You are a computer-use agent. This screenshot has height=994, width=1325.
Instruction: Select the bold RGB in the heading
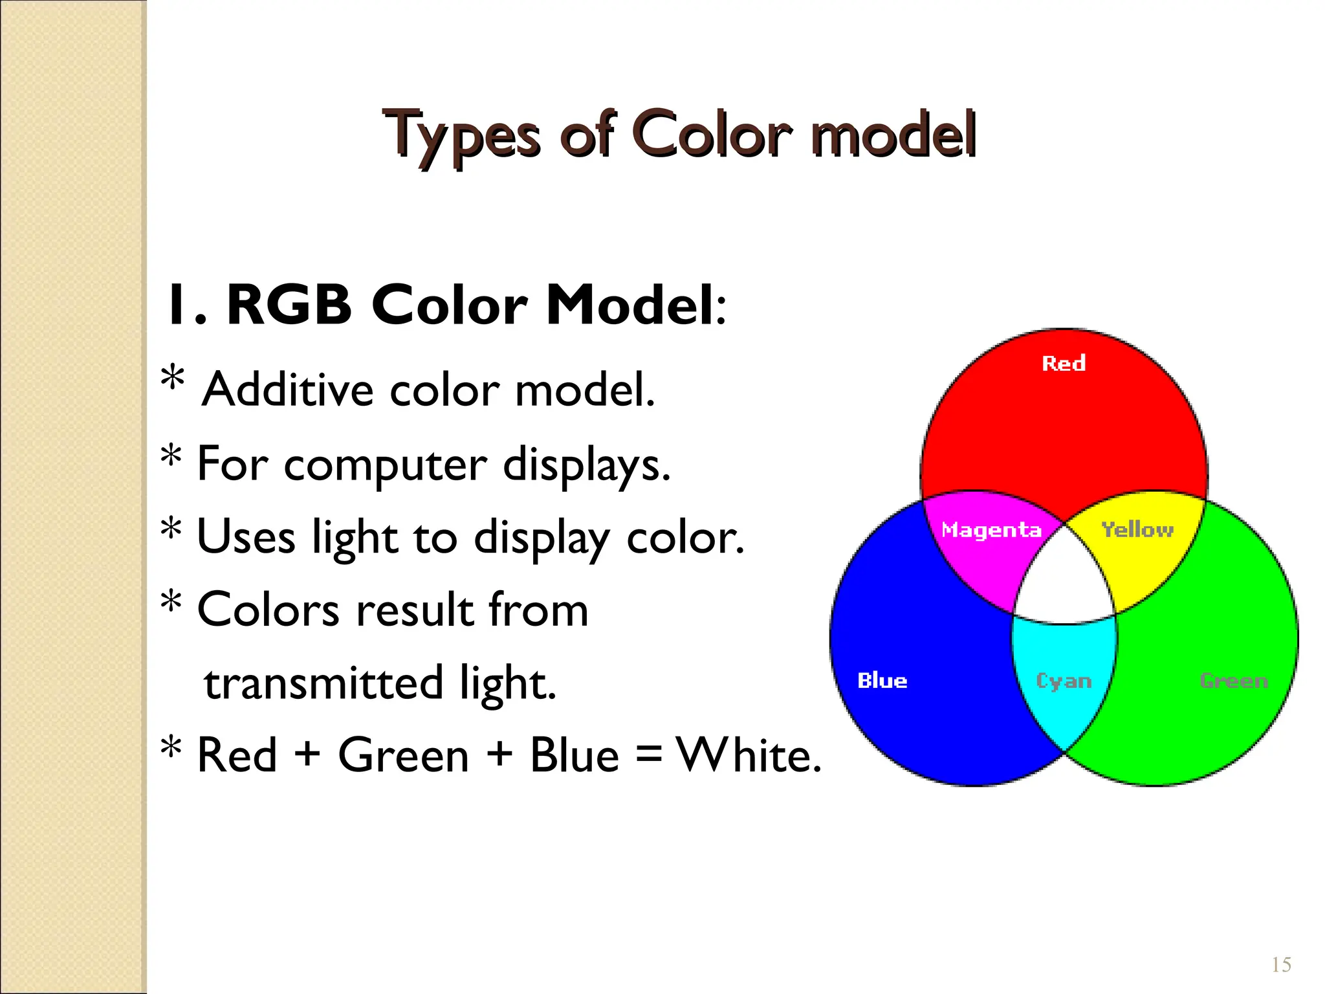tap(289, 305)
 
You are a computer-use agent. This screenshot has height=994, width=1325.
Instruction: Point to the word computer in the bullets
tap(385, 465)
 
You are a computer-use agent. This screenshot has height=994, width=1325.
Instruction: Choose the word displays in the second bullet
tap(586, 465)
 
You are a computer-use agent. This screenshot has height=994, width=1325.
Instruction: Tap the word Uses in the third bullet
tap(246, 537)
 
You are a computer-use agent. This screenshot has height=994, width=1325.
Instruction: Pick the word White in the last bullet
tap(748, 755)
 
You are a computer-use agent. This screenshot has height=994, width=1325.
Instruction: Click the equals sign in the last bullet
tap(648, 757)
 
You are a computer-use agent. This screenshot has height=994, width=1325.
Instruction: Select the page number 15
tap(1281, 965)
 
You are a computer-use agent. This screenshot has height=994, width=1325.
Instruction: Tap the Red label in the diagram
tap(1064, 364)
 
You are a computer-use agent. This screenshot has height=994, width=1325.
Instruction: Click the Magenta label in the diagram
tap(991, 530)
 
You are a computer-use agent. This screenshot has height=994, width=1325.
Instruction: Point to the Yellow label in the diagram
tap(1137, 530)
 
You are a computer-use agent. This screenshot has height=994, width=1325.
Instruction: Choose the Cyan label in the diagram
tap(1064, 681)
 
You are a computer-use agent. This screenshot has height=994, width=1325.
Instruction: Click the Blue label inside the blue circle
tap(882, 681)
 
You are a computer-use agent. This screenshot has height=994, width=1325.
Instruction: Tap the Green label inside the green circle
tap(1234, 681)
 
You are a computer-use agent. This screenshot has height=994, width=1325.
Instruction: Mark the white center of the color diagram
tap(1064, 582)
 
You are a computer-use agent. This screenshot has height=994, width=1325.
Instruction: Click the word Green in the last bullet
tap(403, 755)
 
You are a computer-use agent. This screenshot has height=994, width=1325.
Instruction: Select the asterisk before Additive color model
tap(173, 379)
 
